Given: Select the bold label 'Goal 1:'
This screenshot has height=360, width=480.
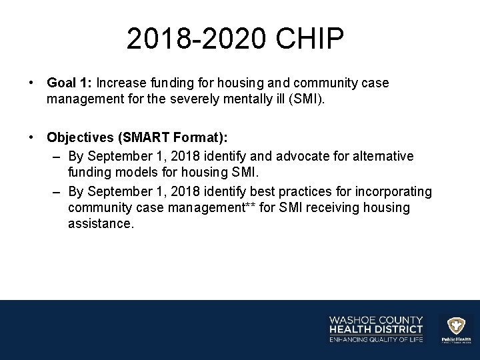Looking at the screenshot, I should [x=69, y=83].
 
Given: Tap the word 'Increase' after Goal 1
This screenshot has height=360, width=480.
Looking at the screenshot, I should [x=121, y=83].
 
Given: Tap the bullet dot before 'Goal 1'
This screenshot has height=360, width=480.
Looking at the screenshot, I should [x=31, y=83].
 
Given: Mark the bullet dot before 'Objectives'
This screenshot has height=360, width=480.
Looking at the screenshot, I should [x=31, y=137].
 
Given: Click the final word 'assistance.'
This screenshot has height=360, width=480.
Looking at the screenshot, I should [x=101, y=225].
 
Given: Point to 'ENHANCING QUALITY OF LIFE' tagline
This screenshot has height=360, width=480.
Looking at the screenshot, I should [x=376, y=339].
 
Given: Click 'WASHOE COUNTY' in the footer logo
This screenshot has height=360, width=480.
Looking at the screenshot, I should [x=376, y=319].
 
